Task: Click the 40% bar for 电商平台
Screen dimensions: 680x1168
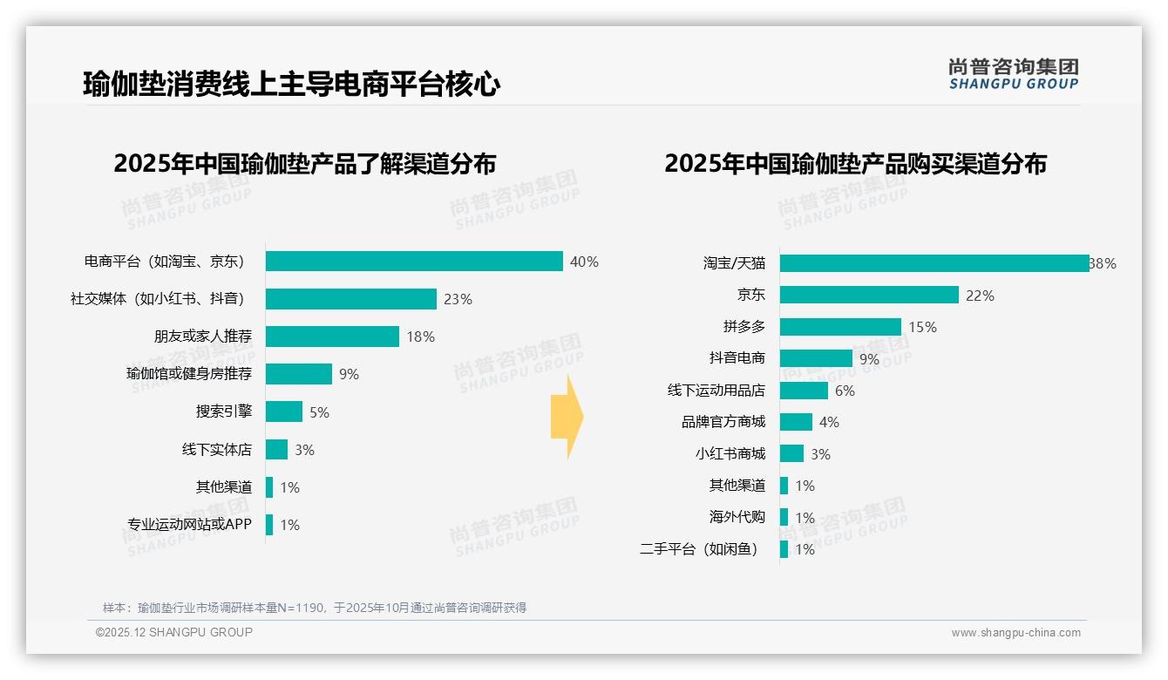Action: [414, 262]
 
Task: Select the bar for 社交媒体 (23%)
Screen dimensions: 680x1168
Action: [350, 299]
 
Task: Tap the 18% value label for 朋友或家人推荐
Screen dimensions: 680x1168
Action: [420, 337]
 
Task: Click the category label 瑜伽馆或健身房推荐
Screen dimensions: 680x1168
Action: [189, 374]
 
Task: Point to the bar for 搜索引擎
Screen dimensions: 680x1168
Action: [284, 411]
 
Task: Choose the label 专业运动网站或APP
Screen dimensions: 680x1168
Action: [189, 525]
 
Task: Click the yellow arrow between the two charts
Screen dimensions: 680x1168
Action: [567, 418]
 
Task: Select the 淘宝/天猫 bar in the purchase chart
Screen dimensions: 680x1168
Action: [934, 263]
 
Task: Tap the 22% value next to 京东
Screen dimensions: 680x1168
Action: [980, 296]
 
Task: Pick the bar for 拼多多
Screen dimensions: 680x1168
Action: [840, 327]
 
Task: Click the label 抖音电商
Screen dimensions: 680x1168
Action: [737, 358]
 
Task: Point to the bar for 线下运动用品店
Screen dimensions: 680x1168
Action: [804, 391]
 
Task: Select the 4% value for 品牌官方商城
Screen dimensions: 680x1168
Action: [829, 422]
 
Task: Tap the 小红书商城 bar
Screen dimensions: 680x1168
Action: [791, 453]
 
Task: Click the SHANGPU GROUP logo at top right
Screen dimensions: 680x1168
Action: [1013, 74]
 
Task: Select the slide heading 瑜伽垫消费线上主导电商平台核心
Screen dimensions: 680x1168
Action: [292, 85]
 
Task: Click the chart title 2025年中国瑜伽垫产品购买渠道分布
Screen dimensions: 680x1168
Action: [855, 163]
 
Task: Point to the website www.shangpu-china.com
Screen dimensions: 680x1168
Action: [1015, 633]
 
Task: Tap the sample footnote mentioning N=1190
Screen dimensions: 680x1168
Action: [315, 608]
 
